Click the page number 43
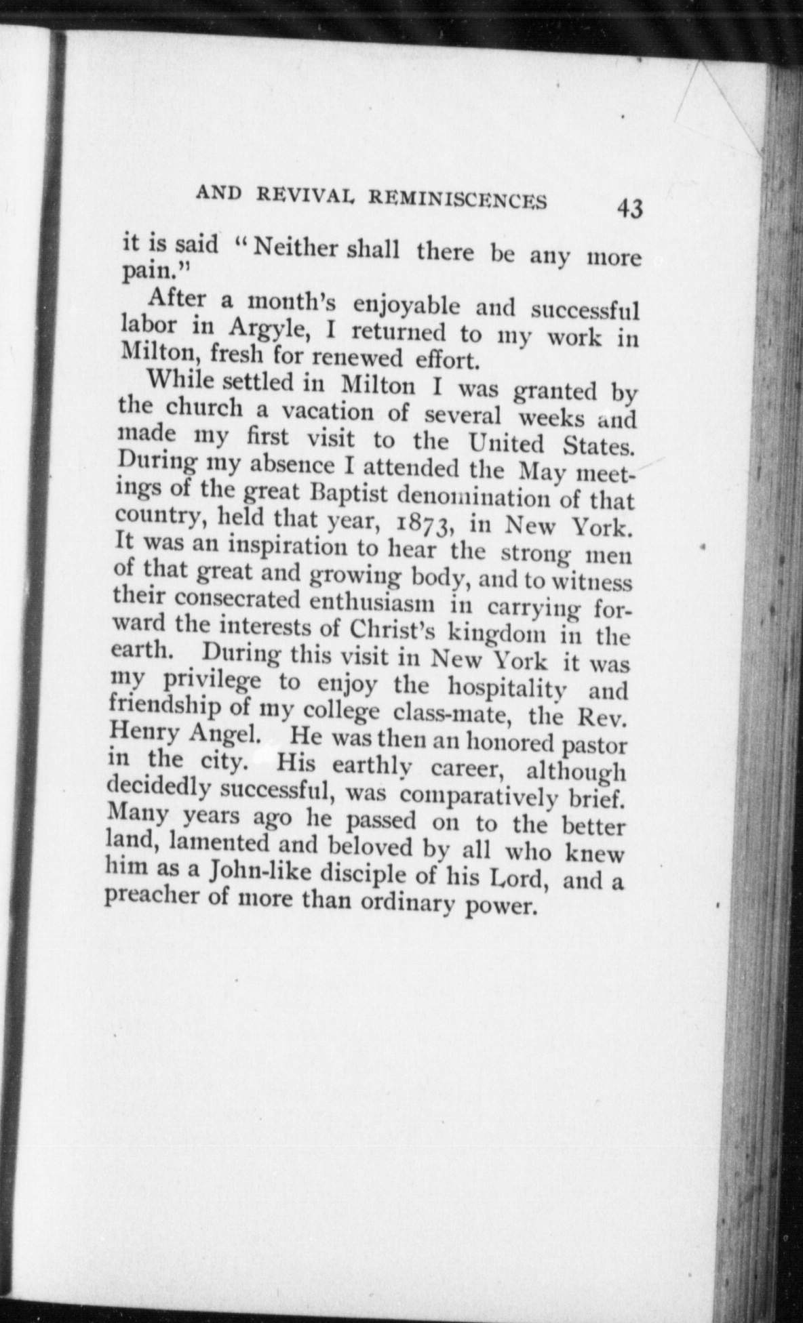629,209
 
